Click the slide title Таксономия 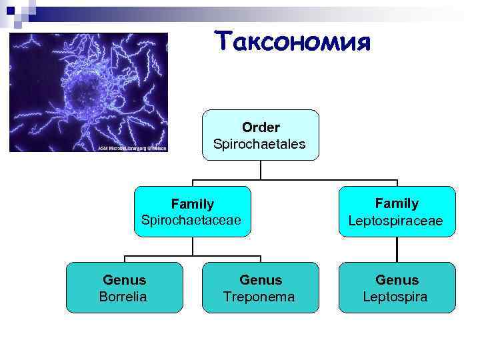292,41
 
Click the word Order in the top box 261,127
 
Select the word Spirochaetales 259,143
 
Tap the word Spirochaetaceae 192,220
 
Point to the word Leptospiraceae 396,220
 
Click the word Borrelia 123,296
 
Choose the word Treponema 259,297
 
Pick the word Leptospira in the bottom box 396,297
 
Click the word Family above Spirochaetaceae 192,203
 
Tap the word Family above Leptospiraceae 397,203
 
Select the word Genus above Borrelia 124,280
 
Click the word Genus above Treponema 261,280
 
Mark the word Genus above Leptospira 397,280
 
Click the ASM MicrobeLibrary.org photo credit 132,148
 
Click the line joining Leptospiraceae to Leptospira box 397,249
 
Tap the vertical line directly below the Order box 261,170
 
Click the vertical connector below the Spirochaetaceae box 192,245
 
